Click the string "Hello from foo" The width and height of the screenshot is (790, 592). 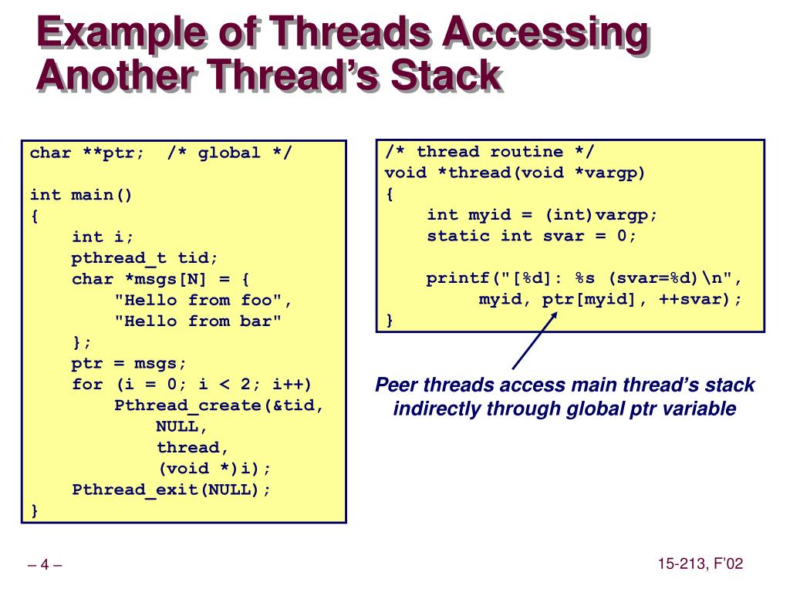tap(203, 300)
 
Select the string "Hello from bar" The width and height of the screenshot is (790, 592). tap(197, 321)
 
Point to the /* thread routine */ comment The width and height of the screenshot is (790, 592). tap(490, 152)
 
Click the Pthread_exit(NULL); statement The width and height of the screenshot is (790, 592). tap(171, 489)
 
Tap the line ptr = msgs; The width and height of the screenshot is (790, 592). tap(129, 363)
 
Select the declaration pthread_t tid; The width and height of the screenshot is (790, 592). tap(145, 257)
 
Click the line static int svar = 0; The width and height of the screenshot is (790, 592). tap(532, 236)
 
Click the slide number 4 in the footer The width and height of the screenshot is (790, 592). tap(45, 565)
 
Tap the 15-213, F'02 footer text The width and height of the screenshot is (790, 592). tap(700, 564)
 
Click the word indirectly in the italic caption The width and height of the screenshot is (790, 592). tap(437, 409)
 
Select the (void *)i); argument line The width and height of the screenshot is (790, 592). tap(215, 468)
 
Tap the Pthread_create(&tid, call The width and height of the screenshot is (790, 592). tap(219, 405)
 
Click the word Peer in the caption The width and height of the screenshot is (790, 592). tap(397, 385)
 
